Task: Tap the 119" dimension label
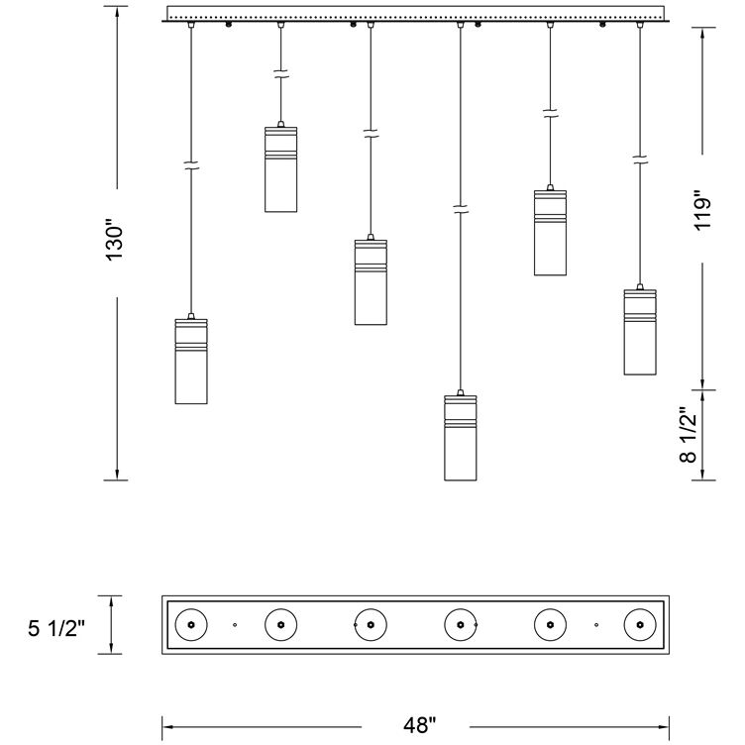pos(703,210)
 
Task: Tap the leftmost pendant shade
pos(191,362)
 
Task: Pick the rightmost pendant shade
pos(640,332)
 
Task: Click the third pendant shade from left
pos(371,281)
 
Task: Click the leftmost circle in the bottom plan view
pos(191,625)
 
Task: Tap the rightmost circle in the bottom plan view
pos(640,625)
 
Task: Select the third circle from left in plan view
pos(371,625)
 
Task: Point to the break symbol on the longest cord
pos(460,209)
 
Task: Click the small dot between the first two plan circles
pos(235,625)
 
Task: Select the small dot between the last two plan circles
pos(595,625)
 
